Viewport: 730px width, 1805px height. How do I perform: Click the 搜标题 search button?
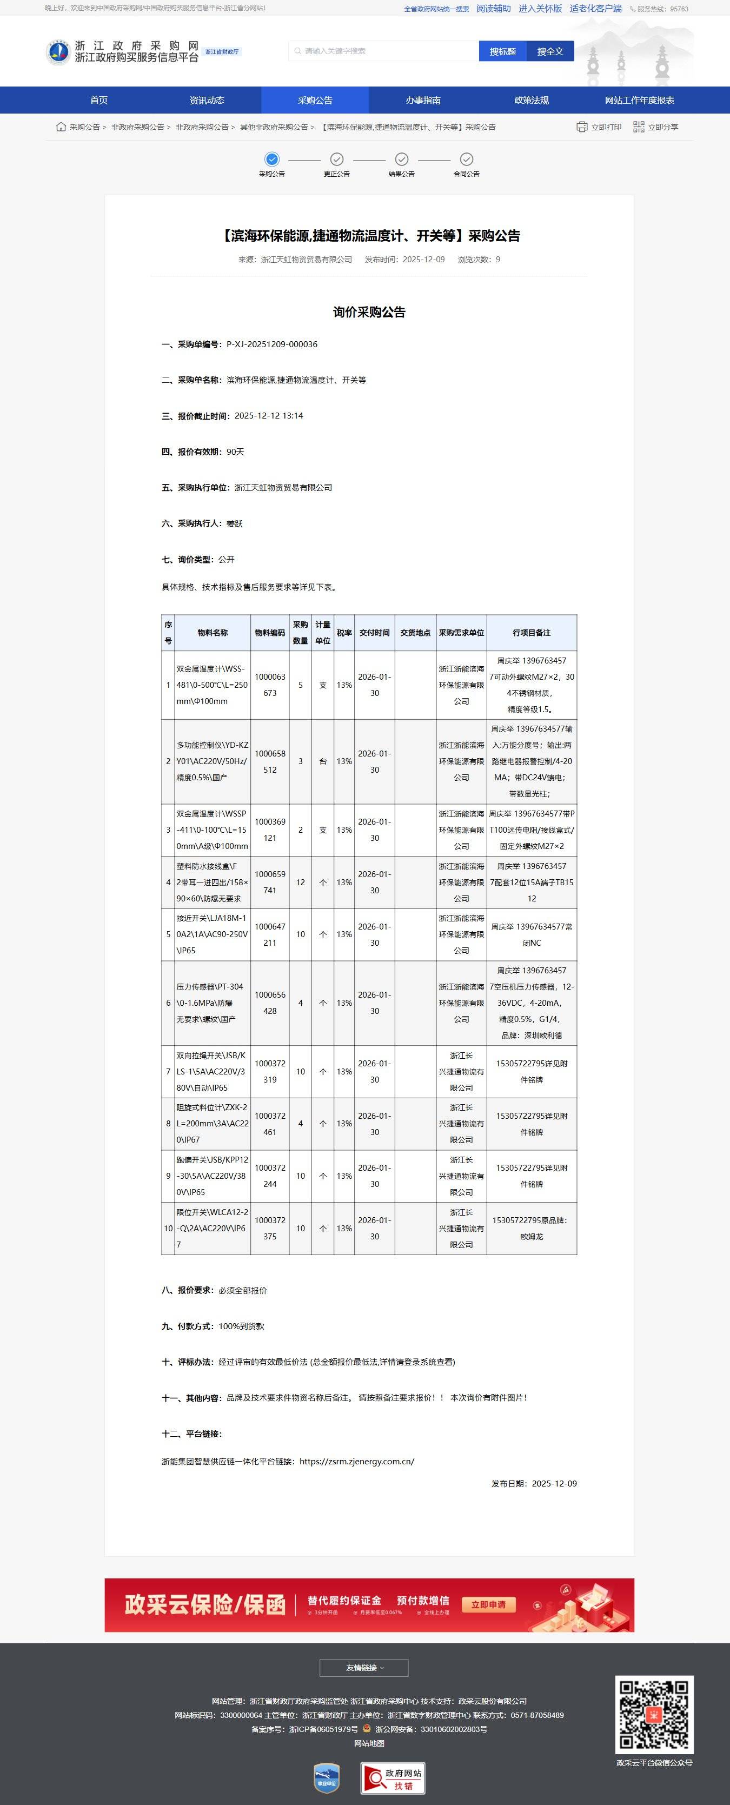click(502, 51)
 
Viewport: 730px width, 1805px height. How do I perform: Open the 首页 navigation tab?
click(99, 100)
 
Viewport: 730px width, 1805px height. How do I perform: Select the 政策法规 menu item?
click(531, 100)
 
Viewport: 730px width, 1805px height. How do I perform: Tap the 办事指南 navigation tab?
click(423, 100)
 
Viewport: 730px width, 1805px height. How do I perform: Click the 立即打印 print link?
click(599, 127)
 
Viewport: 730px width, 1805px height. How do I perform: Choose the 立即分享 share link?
click(656, 127)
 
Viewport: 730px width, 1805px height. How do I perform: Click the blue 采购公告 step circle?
click(272, 159)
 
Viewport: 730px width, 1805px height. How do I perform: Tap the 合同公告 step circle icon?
click(467, 159)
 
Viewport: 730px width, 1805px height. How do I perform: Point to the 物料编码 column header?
click(270, 633)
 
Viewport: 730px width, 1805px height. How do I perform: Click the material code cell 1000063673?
click(270, 685)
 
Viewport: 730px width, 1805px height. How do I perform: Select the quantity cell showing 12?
click(301, 882)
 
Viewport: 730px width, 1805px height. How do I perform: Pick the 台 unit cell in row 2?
click(323, 761)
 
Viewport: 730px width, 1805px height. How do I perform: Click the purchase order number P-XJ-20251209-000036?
click(272, 344)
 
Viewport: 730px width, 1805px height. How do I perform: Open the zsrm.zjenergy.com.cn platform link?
click(356, 1461)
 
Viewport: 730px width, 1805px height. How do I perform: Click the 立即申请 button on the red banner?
click(488, 1604)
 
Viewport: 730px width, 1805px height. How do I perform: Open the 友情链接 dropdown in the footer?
click(363, 1668)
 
